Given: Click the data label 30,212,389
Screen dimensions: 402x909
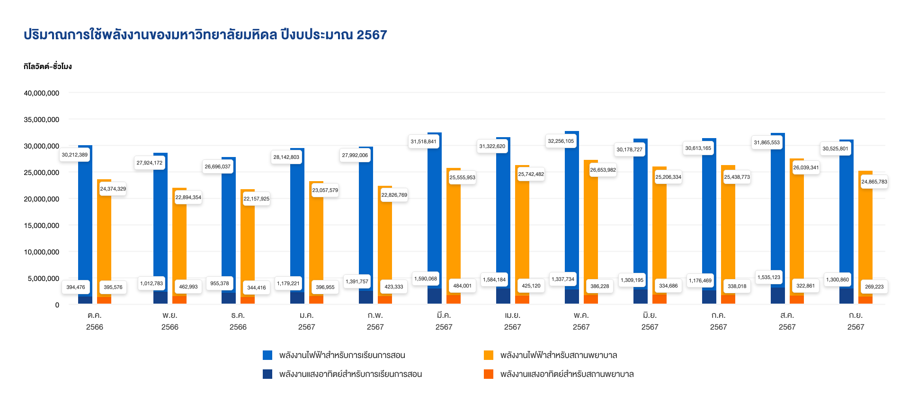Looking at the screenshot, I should pos(75,155).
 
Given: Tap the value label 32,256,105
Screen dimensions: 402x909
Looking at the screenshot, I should pos(561,141).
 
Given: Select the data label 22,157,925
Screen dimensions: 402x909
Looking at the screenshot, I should pos(256,199).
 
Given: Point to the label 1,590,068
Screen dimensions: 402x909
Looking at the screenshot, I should pos(426,279).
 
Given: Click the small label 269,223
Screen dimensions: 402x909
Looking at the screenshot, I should pos(874,287).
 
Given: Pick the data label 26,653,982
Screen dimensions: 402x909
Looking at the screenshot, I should pos(603,170).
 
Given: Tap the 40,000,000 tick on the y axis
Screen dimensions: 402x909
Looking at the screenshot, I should pos(42,93).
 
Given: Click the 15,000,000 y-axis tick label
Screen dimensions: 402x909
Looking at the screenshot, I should pos(42,226).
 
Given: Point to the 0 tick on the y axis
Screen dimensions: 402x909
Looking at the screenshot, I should pos(57,305).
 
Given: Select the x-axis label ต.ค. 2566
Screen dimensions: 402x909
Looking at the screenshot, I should pos(95,321).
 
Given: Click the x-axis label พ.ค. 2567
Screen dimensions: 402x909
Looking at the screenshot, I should pos(581,321).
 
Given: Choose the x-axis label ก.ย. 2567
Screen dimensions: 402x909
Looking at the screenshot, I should pos(856,321).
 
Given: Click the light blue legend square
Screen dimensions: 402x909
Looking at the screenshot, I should pos(267,355).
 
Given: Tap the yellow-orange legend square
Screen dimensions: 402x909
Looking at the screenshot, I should pos(489,355).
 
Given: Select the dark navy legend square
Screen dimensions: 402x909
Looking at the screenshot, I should pos(267,374).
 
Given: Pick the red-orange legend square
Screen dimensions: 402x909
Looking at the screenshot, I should pos(489,374).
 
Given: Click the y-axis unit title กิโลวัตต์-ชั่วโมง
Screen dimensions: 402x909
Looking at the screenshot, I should pos(47,66).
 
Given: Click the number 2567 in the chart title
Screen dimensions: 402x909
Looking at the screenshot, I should pos(372,35).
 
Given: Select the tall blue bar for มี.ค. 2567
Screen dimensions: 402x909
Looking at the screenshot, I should pos(435,213).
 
